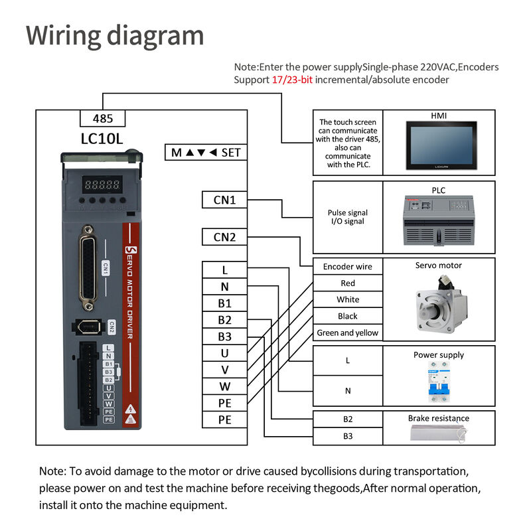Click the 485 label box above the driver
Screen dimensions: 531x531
tap(102, 119)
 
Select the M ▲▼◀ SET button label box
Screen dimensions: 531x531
tap(206, 153)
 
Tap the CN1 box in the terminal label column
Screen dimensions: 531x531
tap(224, 199)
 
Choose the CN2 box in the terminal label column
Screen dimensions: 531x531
tap(224, 236)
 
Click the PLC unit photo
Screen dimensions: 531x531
tap(439, 221)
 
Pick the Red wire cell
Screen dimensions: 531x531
tap(347, 283)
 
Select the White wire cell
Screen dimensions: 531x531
tap(347, 300)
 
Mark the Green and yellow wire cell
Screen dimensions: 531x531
tap(347, 333)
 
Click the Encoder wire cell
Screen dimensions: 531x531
tap(347, 267)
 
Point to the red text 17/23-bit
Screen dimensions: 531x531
tap(292, 80)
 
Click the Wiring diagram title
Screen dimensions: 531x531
tap(115, 35)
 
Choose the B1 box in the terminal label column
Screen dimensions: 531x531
tap(224, 303)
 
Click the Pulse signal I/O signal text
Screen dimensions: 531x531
tap(347, 217)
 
